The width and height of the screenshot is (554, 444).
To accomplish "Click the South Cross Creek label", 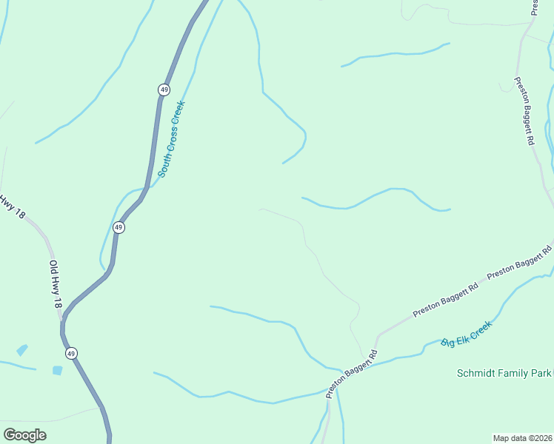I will click(x=170, y=138).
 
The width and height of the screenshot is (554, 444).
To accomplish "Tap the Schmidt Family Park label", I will click(x=504, y=374).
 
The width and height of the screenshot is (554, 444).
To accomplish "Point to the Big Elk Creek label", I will click(x=466, y=334).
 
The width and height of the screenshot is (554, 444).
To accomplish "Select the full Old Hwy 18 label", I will click(x=56, y=283).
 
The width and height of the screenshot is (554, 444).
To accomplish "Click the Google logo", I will click(x=24, y=434).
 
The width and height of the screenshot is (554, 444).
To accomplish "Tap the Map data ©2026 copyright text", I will click(x=523, y=437).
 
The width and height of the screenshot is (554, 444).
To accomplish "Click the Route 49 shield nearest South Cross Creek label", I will click(x=163, y=90).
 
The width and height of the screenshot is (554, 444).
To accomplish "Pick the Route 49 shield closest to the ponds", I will click(x=70, y=353).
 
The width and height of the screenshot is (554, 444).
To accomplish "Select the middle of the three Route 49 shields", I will click(x=119, y=227).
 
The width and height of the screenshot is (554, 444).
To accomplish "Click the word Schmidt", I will click(x=475, y=374).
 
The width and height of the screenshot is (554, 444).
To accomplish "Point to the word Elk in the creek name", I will click(x=467, y=334).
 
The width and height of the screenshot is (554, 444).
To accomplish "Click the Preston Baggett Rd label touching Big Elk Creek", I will click(x=353, y=374).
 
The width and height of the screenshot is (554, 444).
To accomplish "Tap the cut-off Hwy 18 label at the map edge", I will click(x=10, y=206).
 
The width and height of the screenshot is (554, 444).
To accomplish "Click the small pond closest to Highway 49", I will click(x=57, y=370).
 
